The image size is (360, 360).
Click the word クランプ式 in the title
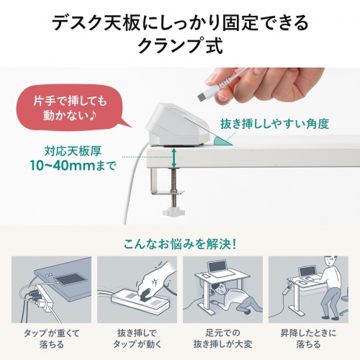tap(179, 47)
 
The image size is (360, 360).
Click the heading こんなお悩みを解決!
tap(179, 241)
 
